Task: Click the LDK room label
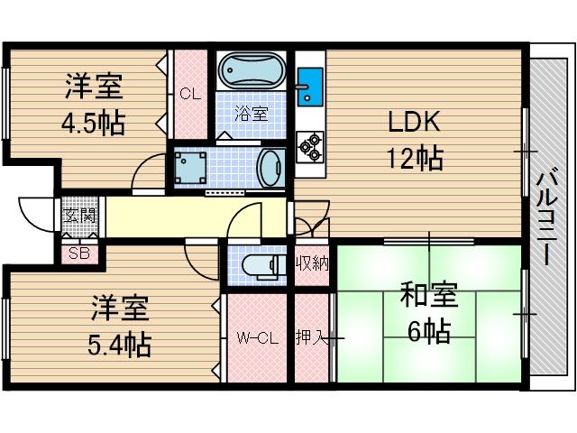click(x=416, y=122)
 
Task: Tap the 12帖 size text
click(x=416, y=160)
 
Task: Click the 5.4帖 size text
click(x=120, y=343)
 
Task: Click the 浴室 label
click(x=252, y=114)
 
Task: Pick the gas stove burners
click(x=309, y=146)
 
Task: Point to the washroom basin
click(x=270, y=167)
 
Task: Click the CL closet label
click(x=190, y=93)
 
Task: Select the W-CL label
click(x=256, y=339)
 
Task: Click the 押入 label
click(x=312, y=339)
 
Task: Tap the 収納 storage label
click(x=312, y=263)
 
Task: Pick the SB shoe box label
click(x=79, y=253)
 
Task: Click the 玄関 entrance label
click(x=79, y=216)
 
